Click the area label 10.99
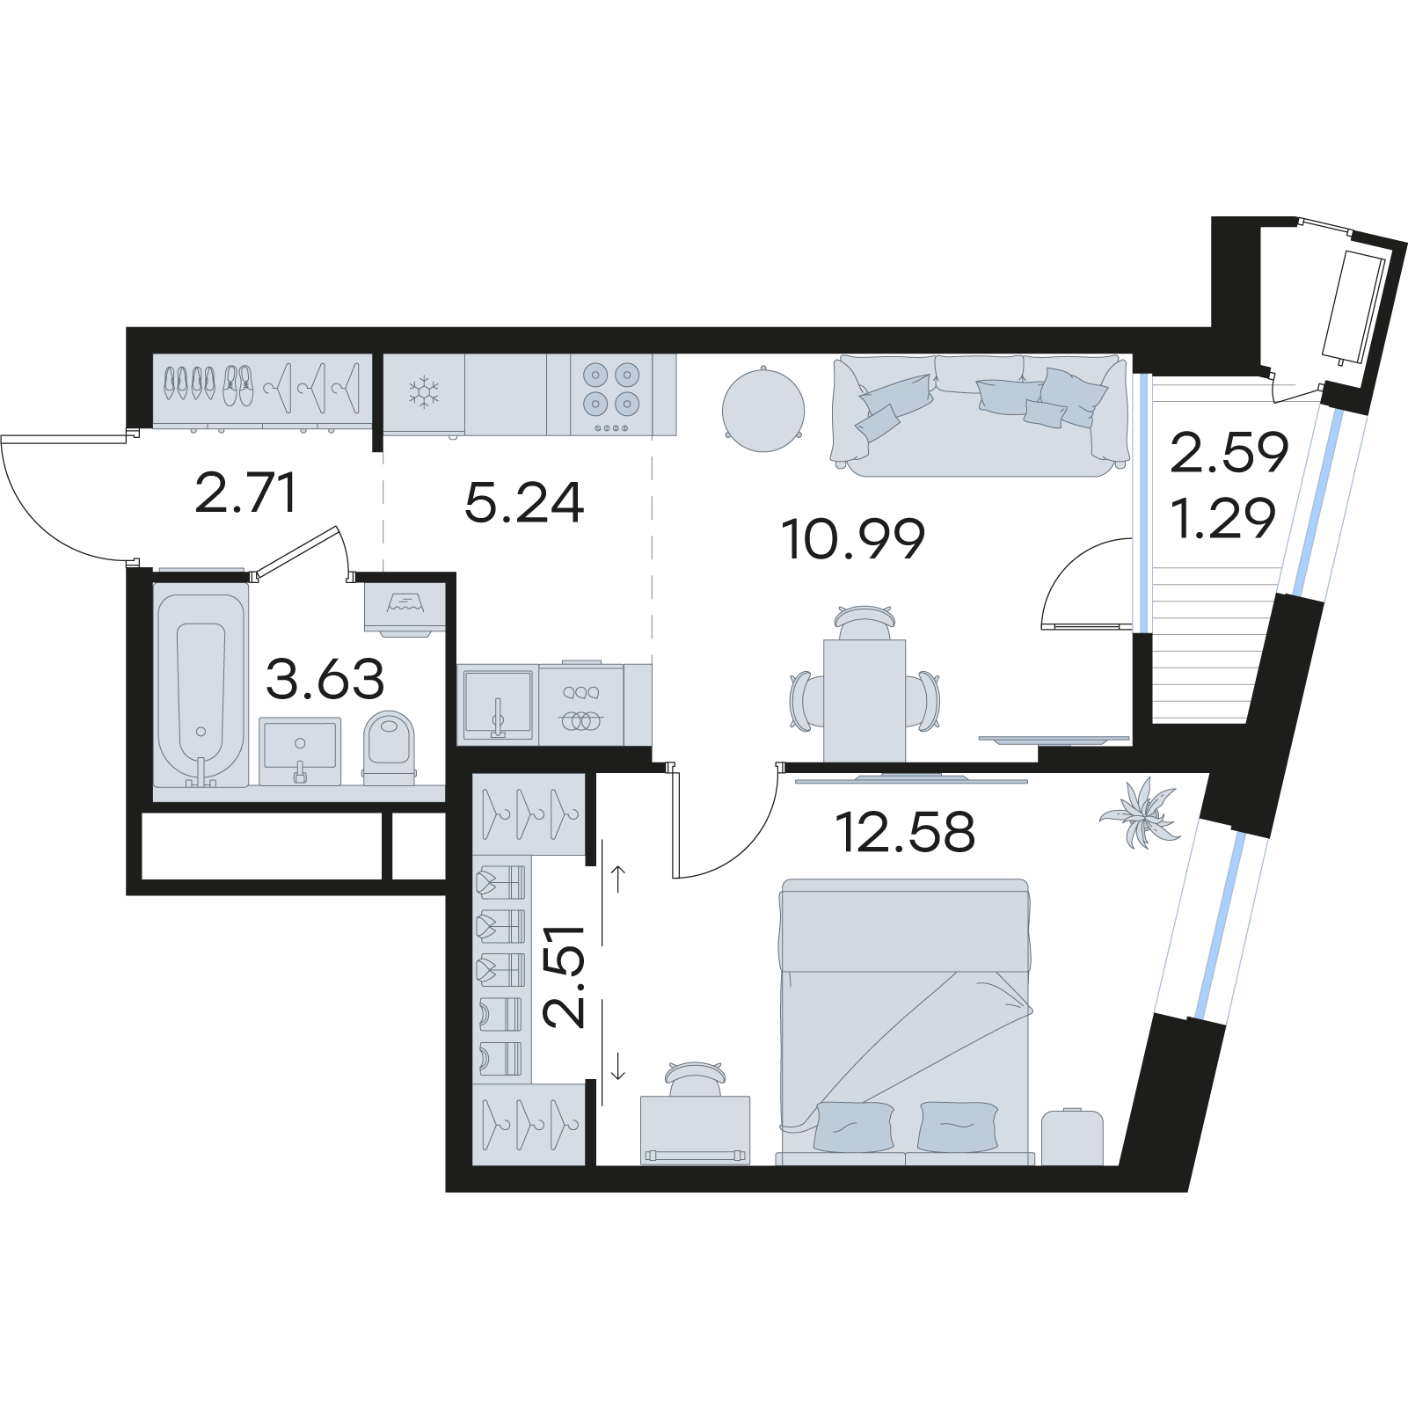tap(852, 540)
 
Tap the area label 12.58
tap(908, 832)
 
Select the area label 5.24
tap(524, 505)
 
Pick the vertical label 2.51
tap(565, 976)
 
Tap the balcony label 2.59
tap(1229, 455)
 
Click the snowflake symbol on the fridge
tap(425, 391)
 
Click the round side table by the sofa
tap(763, 409)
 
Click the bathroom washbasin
tap(300, 749)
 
